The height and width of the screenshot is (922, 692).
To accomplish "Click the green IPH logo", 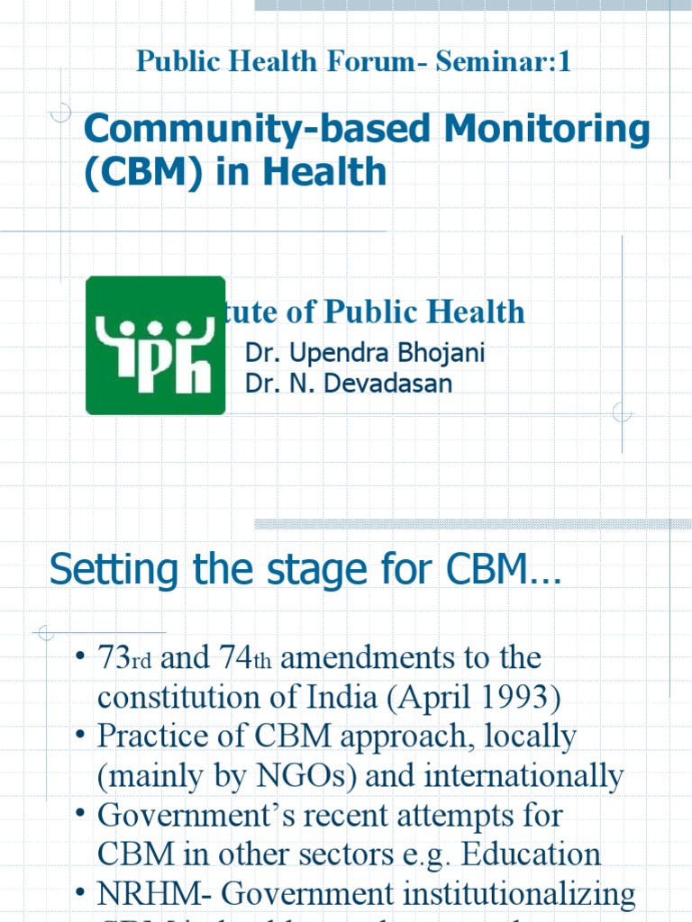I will tap(155, 345).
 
